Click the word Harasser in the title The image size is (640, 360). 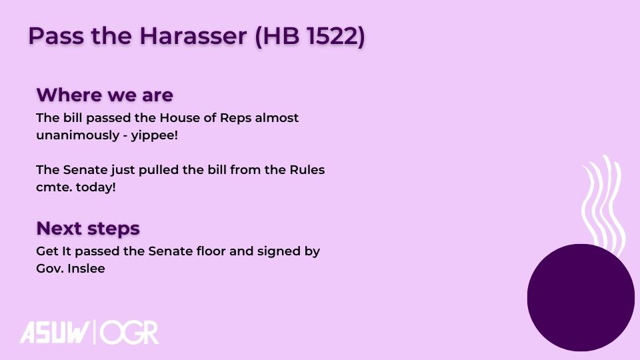(193, 35)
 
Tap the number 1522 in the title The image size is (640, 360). (332, 35)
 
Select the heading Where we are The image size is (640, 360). (105, 95)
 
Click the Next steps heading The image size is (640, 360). (88, 229)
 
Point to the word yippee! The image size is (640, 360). (154, 135)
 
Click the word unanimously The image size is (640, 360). (77, 135)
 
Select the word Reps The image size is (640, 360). (235, 119)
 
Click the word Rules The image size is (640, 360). (307, 170)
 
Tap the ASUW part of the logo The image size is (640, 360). (54, 333)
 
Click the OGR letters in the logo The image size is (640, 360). (129, 333)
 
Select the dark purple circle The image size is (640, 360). (581, 297)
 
